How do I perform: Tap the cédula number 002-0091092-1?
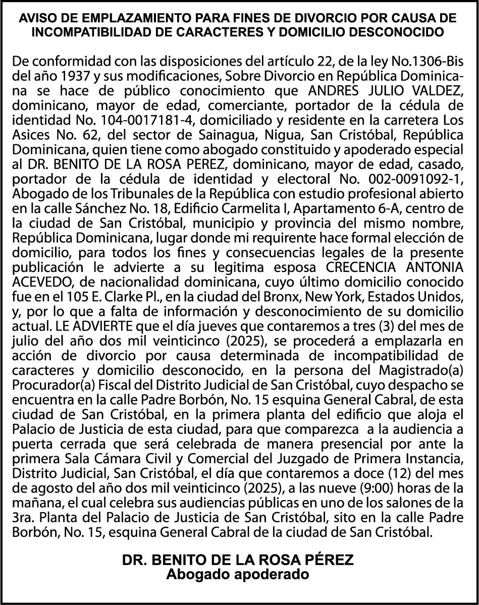(x=410, y=179)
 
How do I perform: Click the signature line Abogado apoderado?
(x=238, y=574)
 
